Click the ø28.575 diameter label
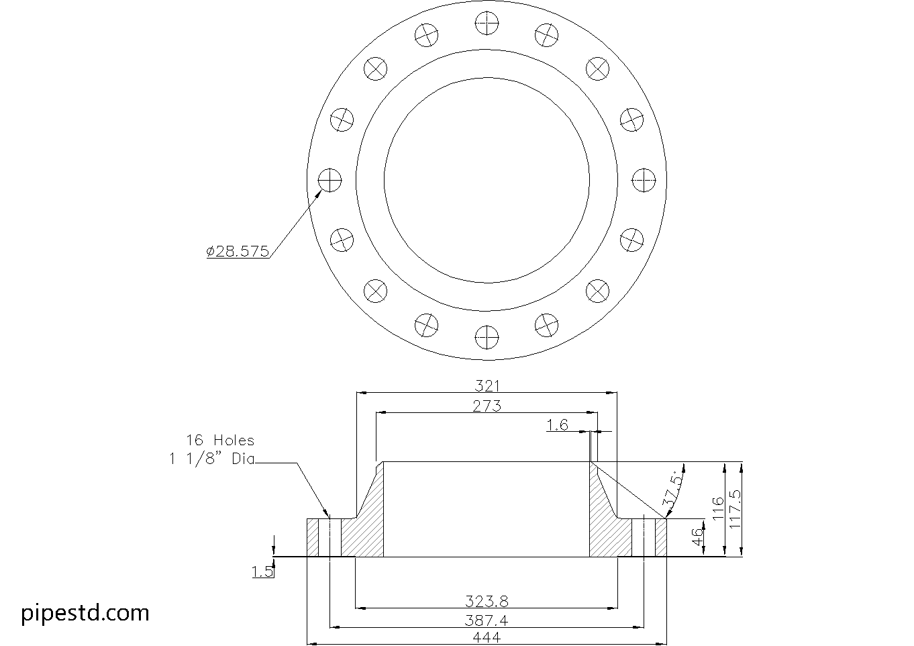238,251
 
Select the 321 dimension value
487,385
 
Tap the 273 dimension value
487,406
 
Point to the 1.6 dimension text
557,425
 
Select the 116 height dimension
717,509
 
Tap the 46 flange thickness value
698,537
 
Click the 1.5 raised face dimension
262,571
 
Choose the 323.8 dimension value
487,600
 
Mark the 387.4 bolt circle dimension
487,620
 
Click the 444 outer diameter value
487,637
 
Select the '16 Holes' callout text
220,441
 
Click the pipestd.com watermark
85,612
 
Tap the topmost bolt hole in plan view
487,25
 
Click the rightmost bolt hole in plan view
644,180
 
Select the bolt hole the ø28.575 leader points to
329,180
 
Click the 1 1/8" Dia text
211,460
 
